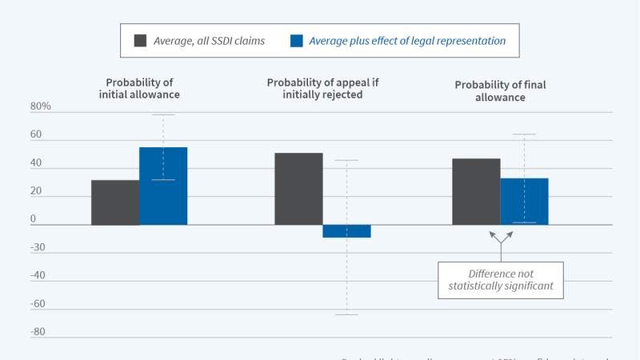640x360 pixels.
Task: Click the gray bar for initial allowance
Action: (x=115, y=202)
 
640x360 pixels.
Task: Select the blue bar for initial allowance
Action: (x=163, y=186)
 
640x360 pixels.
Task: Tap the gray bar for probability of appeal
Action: (x=299, y=189)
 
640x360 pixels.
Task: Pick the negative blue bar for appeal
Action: (x=346, y=231)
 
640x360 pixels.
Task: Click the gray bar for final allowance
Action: (x=476, y=191)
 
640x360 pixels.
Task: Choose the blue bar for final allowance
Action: (x=524, y=201)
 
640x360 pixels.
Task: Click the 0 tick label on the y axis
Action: (x=34, y=219)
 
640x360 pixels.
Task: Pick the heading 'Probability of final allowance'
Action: (x=502, y=90)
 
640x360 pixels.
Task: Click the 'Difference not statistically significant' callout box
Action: (x=501, y=280)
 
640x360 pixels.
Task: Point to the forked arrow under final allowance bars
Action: (x=501, y=242)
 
